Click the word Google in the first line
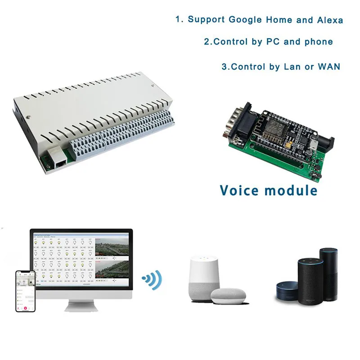pyautogui.click(x=247, y=20)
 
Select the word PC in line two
pyautogui.click(x=273, y=42)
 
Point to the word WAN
pyautogui.click(x=328, y=67)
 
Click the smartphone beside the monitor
pyautogui.click(x=25, y=291)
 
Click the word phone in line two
pyautogui.click(x=318, y=42)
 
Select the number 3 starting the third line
pyautogui.click(x=224, y=67)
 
